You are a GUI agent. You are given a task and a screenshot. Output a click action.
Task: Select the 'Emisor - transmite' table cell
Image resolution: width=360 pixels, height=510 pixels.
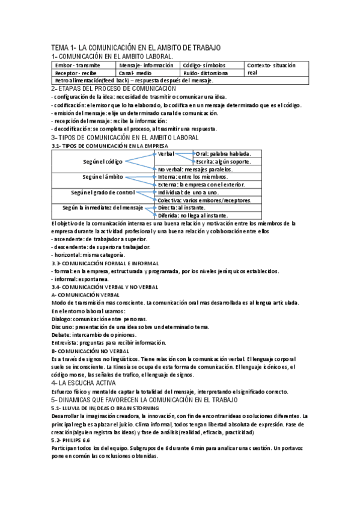(x=78, y=64)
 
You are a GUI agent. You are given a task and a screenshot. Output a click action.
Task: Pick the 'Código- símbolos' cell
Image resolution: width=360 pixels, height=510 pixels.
(x=204, y=64)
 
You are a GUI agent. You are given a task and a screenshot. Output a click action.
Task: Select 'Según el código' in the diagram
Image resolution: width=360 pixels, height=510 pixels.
(x=103, y=162)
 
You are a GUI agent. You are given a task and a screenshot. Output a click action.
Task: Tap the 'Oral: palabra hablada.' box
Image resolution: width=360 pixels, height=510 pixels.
(x=224, y=154)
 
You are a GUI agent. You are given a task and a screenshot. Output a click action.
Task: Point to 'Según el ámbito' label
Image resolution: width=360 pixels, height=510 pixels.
(x=103, y=177)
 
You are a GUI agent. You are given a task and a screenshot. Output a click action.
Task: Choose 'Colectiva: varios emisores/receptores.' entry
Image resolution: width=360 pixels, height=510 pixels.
(x=204, y=200)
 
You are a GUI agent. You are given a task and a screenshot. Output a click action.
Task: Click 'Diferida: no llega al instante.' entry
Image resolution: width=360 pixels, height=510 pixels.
(x=192, y=215)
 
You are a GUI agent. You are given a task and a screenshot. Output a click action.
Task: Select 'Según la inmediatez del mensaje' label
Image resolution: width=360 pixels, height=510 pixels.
(x=103, y=207)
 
